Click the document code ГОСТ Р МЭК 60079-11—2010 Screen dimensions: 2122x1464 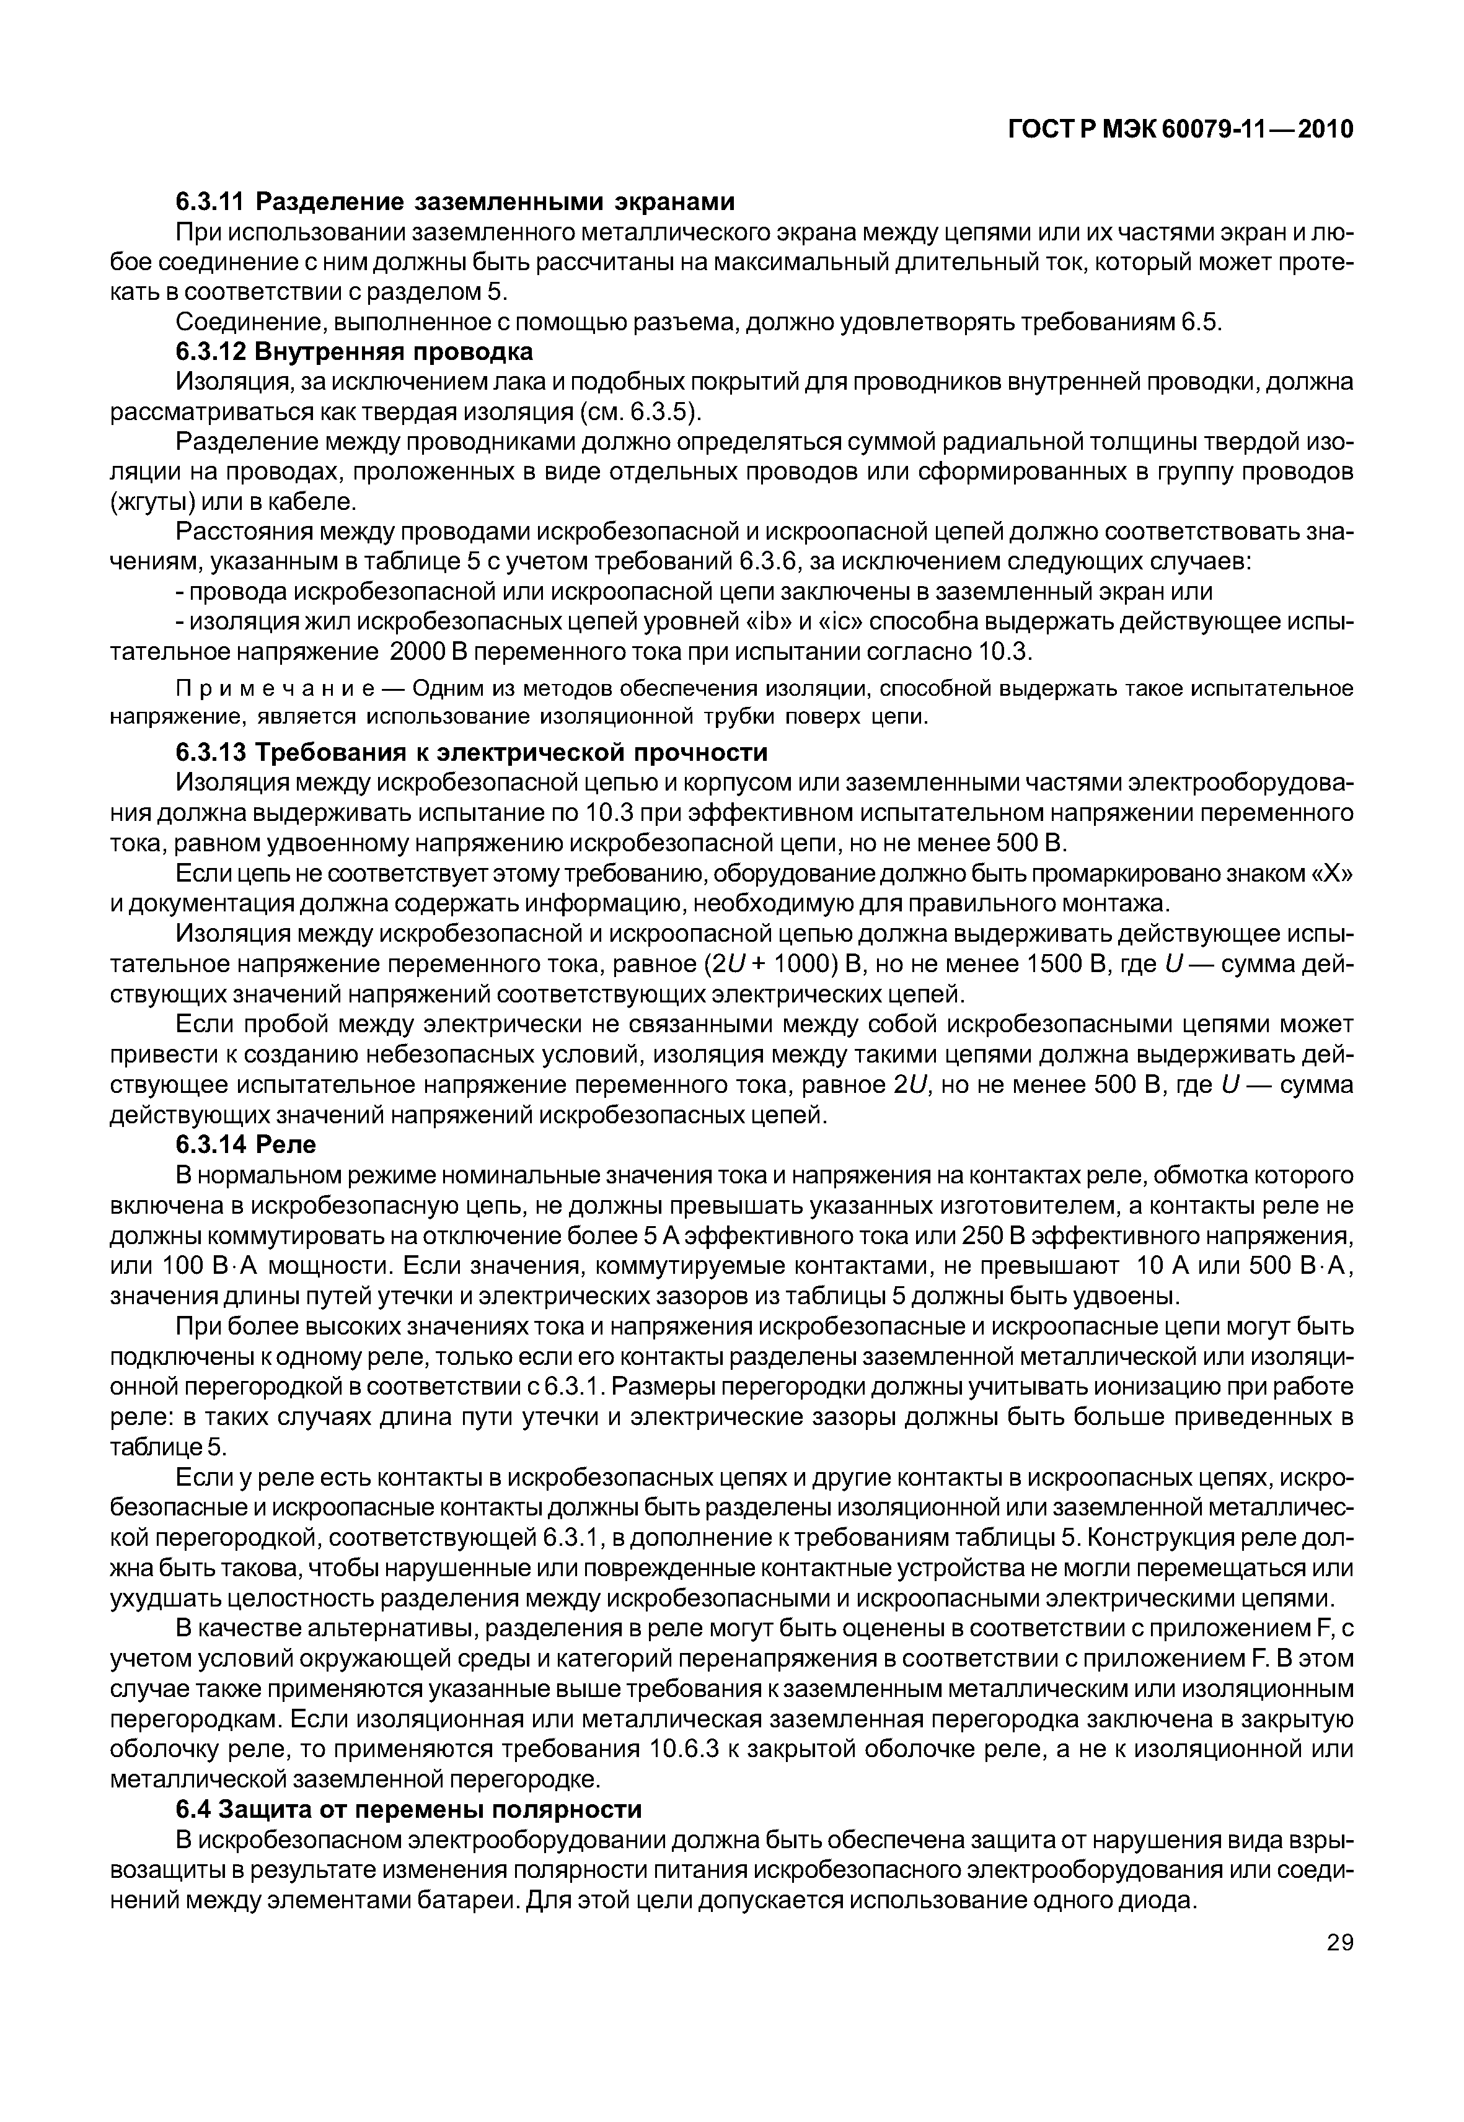pyautogui.click(x=1181, y=130)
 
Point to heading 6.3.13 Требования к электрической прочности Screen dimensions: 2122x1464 pyautogui.click(x=472, y=753)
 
